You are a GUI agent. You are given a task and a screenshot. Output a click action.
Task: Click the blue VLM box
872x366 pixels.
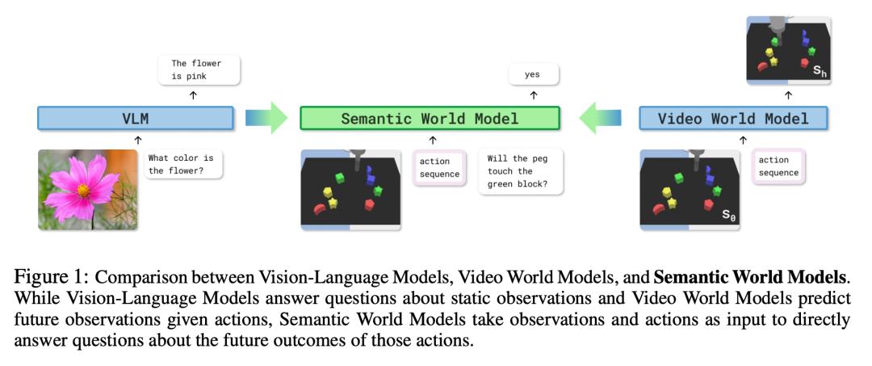(x=136, y=120)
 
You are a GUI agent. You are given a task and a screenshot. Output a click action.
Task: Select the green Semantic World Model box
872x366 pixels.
(x=430, y=119)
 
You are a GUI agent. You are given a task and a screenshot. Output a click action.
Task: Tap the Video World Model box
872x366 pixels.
(x=733, y=119)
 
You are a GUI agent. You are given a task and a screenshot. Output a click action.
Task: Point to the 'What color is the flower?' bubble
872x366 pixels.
(x=185, y=165)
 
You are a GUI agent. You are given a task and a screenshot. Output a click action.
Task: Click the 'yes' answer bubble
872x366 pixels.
(x=532, y=75)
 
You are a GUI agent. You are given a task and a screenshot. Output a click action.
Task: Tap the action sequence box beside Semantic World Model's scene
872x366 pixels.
(x=439, y=167)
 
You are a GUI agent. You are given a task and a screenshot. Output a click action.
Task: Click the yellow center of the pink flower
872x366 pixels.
(x=83, y=189)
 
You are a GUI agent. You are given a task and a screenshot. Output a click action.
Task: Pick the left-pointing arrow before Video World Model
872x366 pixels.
(x=600, y=119)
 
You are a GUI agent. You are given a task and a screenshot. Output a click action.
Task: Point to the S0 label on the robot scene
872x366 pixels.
(x=728, y=216)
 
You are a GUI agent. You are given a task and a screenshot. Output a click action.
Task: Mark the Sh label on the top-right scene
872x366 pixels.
(x=820, y=72)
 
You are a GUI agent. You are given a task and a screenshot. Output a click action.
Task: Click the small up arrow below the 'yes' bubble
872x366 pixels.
(x=532, y=95)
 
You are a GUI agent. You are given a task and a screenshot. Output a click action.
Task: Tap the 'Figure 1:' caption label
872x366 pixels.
(x=53, y=277)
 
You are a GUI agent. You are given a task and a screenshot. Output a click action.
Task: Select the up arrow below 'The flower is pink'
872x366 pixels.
(x=193, y=95)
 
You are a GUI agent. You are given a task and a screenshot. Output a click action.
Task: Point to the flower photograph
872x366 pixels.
(x=88, y=189)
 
